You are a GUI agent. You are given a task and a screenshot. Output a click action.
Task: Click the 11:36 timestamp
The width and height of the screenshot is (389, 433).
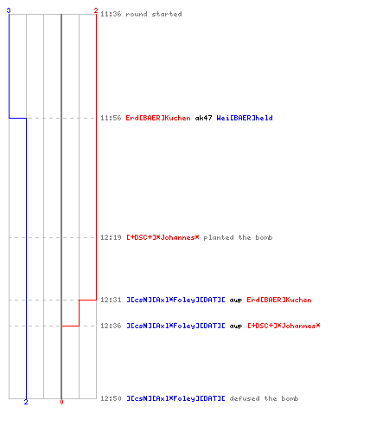[111, 14]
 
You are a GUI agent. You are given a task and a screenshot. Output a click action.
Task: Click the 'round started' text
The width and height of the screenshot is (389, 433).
[154, 14]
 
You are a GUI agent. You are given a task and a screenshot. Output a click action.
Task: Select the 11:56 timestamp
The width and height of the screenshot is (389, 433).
[111, 118]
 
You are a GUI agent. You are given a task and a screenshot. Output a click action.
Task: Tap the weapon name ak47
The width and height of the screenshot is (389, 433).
[203, 118]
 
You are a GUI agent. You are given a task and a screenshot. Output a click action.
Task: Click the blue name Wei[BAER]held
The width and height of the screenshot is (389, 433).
[245, 118]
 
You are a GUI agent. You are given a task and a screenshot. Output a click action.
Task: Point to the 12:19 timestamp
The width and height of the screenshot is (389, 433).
[111, 237]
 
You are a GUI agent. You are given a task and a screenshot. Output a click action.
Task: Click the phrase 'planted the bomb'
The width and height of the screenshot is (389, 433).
[238, 237]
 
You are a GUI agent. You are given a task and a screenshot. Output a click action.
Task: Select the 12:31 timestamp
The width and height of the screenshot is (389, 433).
[111, 300]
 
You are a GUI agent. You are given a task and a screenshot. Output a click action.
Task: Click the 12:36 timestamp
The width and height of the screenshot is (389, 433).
[111, 326]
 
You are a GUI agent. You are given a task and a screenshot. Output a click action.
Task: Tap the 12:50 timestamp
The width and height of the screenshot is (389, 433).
[111, 398]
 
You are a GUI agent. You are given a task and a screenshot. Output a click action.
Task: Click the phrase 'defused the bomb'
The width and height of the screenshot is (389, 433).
[264, 398]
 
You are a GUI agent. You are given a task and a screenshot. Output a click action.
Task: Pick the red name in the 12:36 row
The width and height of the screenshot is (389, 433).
[284, 326]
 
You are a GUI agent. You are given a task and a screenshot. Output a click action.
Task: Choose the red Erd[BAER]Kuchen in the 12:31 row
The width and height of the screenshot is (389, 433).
[279, 300]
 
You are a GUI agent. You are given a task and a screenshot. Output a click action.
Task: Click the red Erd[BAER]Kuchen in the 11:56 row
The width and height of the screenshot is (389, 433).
[158, 118]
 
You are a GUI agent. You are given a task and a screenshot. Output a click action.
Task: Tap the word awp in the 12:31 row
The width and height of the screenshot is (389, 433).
[236, 301]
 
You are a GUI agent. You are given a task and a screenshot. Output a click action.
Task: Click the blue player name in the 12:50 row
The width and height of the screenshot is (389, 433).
[175, 398]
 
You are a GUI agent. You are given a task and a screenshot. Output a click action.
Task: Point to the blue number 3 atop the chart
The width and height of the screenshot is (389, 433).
[9, 10]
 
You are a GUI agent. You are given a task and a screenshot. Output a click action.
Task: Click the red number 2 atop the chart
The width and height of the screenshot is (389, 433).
[96, 10]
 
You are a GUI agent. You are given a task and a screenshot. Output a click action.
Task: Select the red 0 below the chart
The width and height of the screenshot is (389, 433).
[61, 402]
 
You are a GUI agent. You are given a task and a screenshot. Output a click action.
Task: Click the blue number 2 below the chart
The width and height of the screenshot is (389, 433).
[26, 402]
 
